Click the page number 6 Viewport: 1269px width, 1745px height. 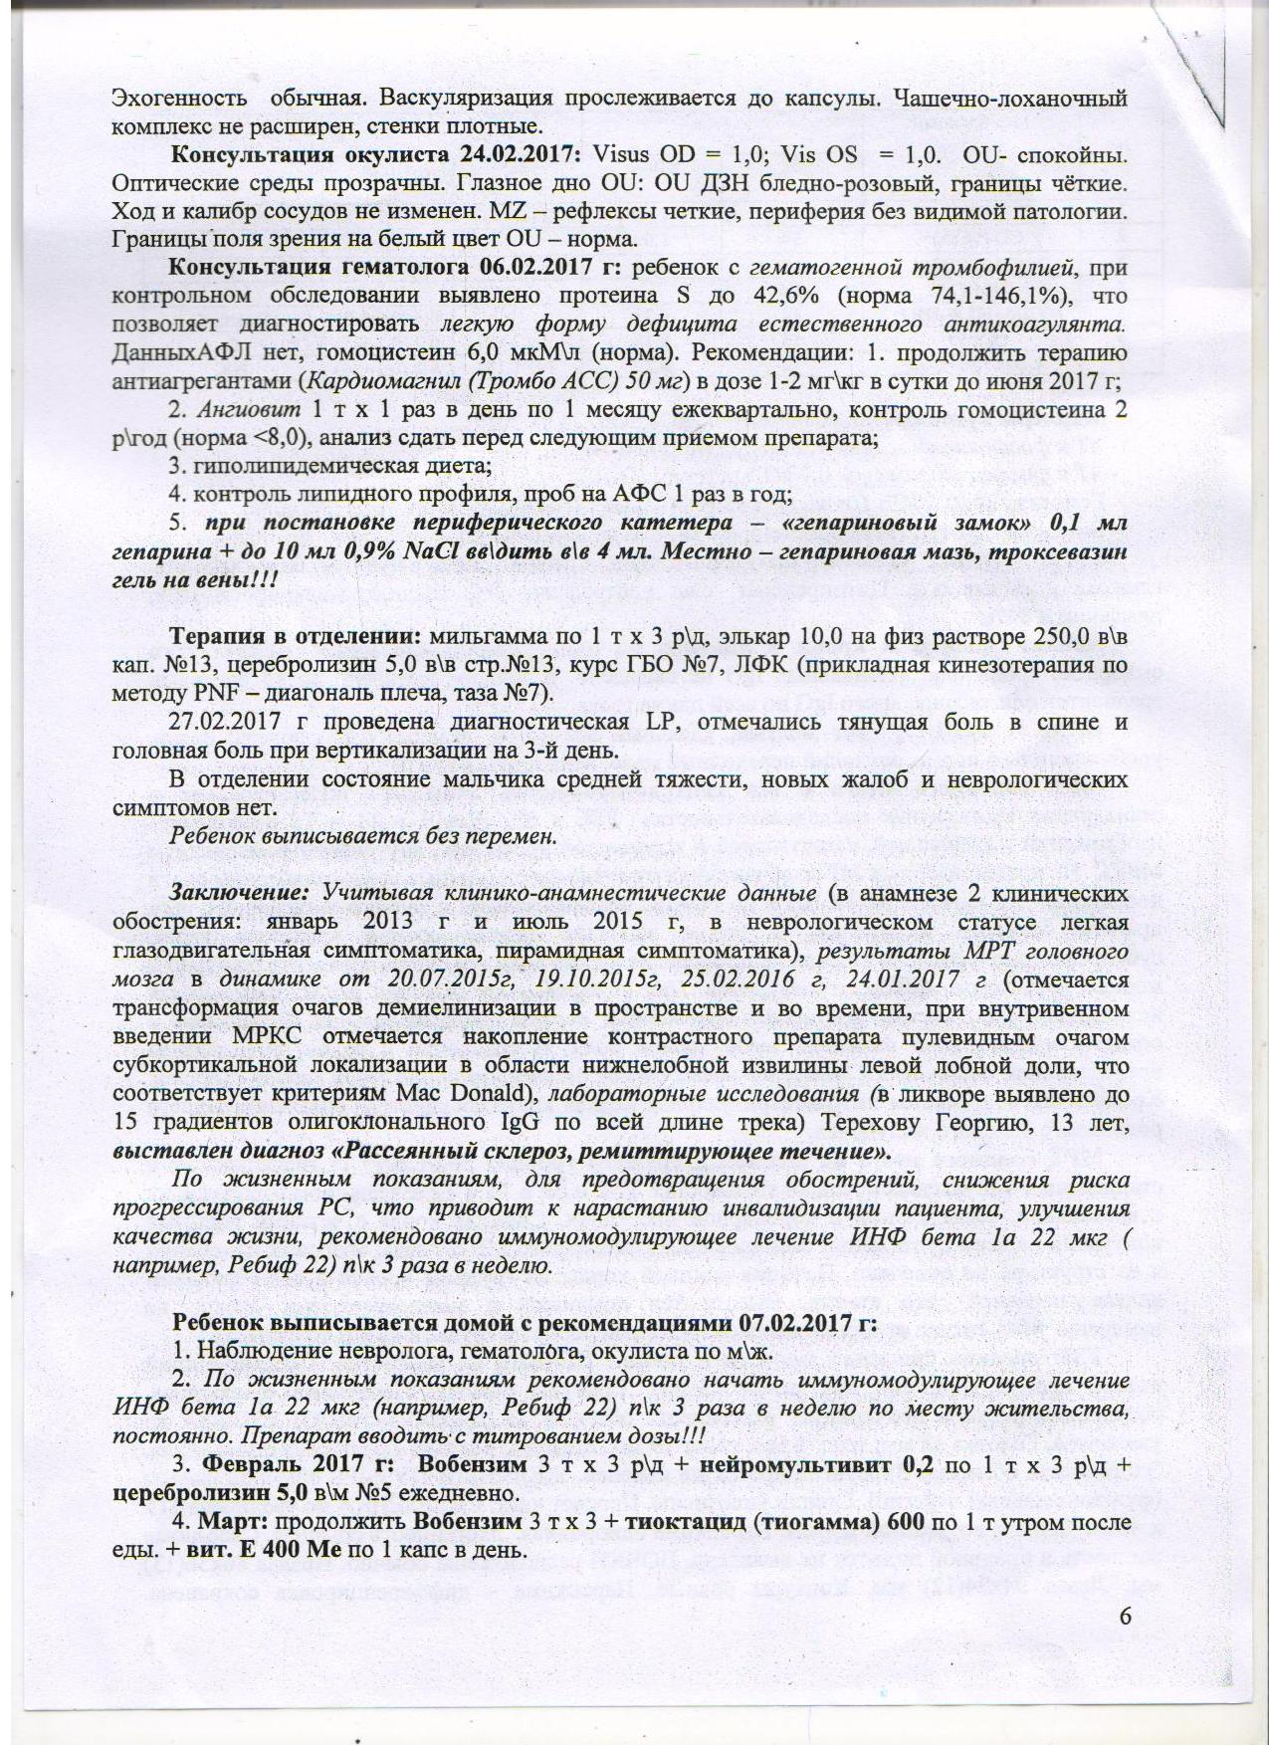pos(1125,1616)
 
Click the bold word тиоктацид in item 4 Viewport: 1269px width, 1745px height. pos(675,1523)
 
